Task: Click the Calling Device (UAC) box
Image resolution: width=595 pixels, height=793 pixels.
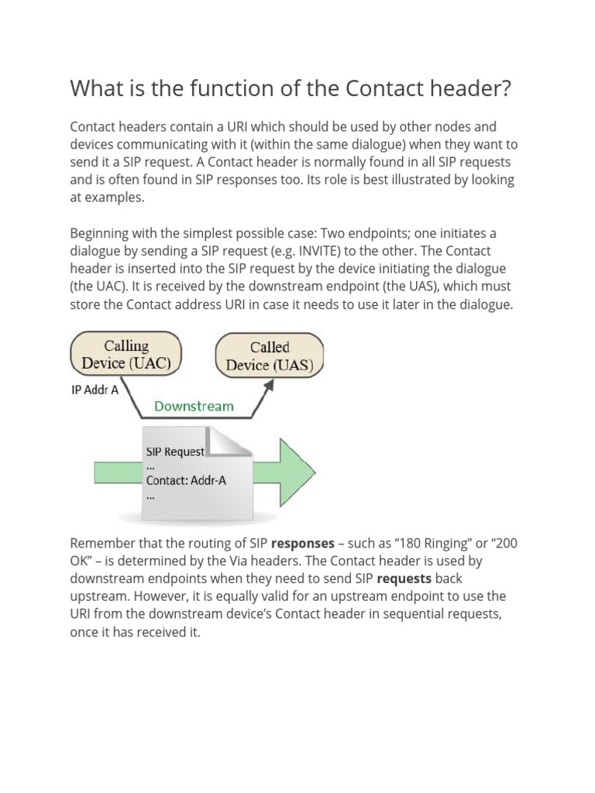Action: click(126, 354)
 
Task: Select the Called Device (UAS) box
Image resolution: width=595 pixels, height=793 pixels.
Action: click(270, 356)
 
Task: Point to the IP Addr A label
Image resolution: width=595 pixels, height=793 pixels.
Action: click(95, 390)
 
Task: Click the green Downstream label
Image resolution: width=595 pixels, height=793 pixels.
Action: click(194, 406)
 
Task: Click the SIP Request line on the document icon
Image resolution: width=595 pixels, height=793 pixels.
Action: click(175, 451)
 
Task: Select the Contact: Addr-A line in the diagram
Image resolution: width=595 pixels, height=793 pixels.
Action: click(186, 480)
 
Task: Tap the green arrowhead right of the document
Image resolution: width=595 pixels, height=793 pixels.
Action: click(294, 472)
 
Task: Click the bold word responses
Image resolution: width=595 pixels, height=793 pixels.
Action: click(302, 543)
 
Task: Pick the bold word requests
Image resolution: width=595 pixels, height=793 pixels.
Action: click(404, 578)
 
